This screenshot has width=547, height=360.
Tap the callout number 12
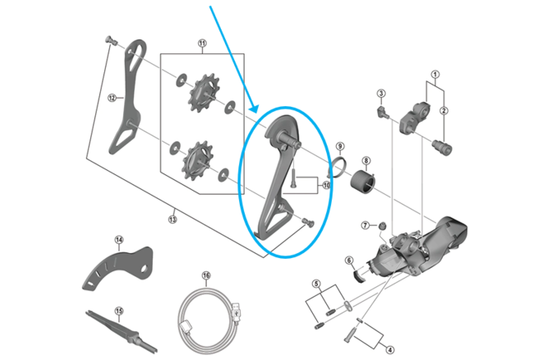[x=112, y=97]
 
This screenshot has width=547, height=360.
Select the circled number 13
[x=172, y=218]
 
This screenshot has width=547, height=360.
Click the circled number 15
[x=118, y=311]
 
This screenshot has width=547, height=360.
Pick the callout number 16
[x=206, y=276]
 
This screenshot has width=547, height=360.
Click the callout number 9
[x=338, y=146]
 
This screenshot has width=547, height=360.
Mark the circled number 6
[x=348, y=261]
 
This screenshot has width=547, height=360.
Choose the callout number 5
[x=315, y=284]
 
